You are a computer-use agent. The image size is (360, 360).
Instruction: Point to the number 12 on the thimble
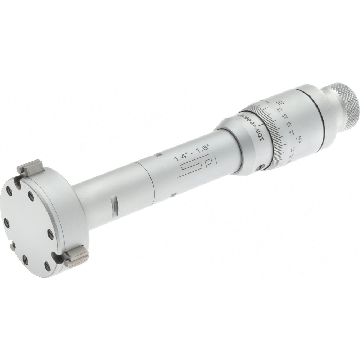coord(285,116)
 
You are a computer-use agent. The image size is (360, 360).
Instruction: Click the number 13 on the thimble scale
coord(288,124)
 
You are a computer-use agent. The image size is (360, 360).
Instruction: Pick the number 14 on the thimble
coord(291,132)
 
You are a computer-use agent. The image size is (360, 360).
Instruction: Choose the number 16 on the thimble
coord(292,149)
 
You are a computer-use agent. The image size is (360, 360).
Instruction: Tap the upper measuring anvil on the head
coord(30,167)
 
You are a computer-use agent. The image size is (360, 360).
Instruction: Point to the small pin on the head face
coord(13,246)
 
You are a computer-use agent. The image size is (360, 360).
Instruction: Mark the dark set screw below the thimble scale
coord(261,167)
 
